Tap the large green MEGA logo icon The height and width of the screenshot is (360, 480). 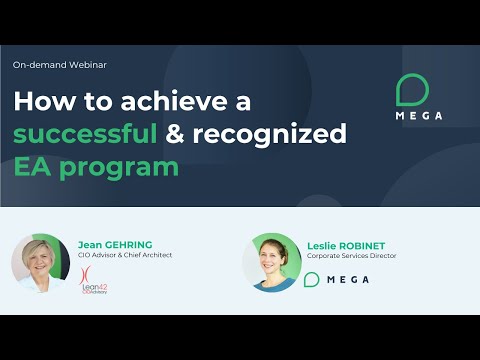click(x=413, y=89)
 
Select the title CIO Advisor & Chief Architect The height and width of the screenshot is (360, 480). click(x=125, y=255)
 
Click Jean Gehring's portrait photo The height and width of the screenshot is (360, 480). click(x=41, y=263)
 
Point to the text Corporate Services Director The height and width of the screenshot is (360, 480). click(x=353, y=256)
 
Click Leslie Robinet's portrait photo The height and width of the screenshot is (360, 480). click(x=271, y=263)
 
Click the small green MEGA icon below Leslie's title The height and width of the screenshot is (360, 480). click(x=313, y=279)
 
